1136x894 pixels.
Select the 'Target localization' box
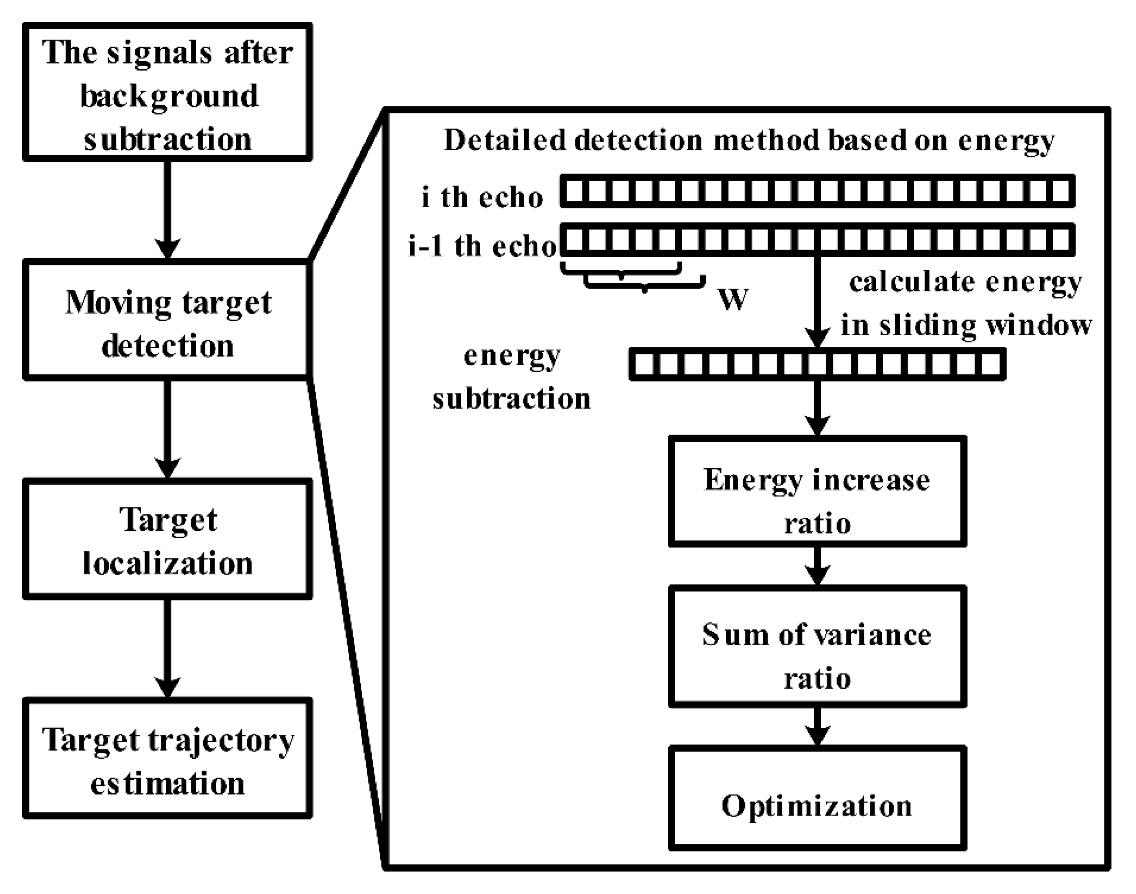coord(167,539)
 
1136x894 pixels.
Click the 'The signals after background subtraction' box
coord(167,92)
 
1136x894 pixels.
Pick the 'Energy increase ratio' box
coord(817,492)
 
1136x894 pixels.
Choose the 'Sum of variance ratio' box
coord(817,647)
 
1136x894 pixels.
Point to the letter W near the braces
coord(733,300)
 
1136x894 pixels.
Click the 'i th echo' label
coord(482,198)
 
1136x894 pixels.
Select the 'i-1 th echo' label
coord(482,246)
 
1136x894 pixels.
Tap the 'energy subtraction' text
coord(511,377)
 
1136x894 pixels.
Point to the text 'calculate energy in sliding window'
coord(966,303)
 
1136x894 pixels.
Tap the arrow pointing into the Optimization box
coord(817,726)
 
